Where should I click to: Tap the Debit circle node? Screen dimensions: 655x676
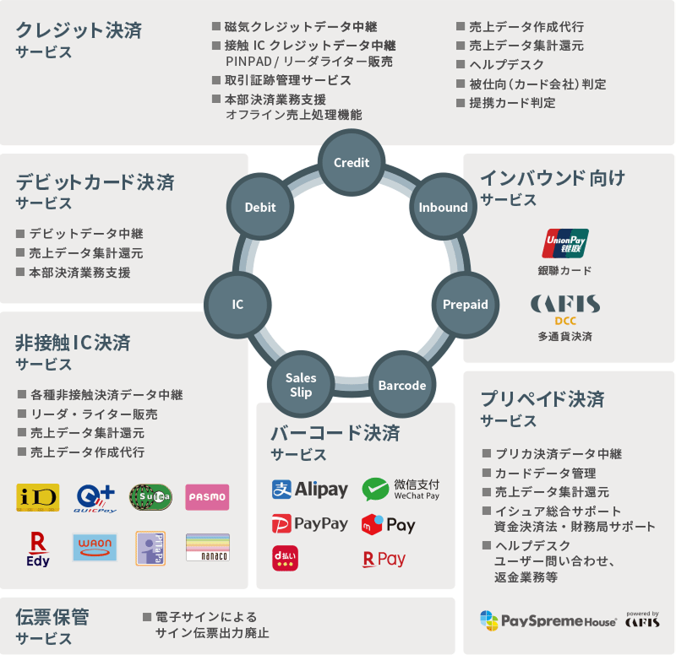pyautogui.click(x=260, y=207)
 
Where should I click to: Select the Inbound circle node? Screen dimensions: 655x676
pyautogui.click(x=444, y=207)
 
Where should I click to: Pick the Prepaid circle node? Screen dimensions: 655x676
pyautogui.click(x=466, y=304)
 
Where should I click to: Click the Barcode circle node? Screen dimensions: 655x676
pyautogui.click(x=402, y=385)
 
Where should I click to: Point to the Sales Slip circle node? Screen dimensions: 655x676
pyautogui.click(x=301, y=385)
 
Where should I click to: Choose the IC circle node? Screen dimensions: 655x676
pyautogui.click(x=238, y=304)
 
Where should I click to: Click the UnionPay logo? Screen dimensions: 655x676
pyautogui.click(x=565, y=243)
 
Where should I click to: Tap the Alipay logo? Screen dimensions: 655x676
pyautogui.click(x=309, y=490)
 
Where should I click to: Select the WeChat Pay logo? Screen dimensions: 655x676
pyautogui.click(x=401, y=490)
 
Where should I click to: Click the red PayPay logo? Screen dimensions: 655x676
pyautogui.click(x=309, y=524)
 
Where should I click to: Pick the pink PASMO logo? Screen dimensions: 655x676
pyautogui.click(x=207, y=497)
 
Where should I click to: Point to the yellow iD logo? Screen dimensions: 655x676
pyautogui.click(x=38, y=497)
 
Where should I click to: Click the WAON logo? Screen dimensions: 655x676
pyautogui.click(x=95, y=547)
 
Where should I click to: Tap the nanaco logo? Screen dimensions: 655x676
pyautogui.click(x=207, y=547)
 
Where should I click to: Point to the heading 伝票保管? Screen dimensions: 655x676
pyautogui.click(x=52, y=616)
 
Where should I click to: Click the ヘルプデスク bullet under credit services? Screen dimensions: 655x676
pyautogui.click(x=505, y=65)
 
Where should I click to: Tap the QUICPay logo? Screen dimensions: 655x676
pyautogui.click(x=95, y=497)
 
